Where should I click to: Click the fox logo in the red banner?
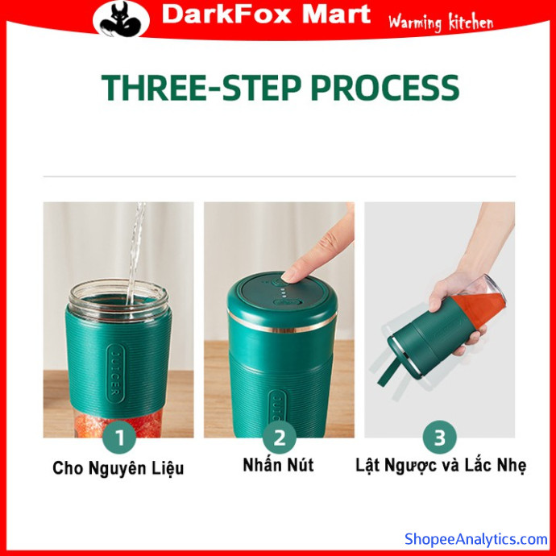point(121,19)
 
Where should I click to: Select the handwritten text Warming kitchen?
point(441,23)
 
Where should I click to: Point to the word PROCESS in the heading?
point(385,88)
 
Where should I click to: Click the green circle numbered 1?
point(119,437)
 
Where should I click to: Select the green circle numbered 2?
point(280,437)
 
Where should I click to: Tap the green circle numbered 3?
point(440,437)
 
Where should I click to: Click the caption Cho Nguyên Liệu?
point(118,468)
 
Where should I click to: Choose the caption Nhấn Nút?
point(278,465)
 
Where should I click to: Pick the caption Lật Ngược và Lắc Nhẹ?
point(441,466)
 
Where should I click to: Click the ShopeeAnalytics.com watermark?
point(476,539)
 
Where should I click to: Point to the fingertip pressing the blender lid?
point(289,276)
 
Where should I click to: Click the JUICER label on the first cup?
point(115,373)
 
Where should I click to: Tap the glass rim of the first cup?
point(118,292)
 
